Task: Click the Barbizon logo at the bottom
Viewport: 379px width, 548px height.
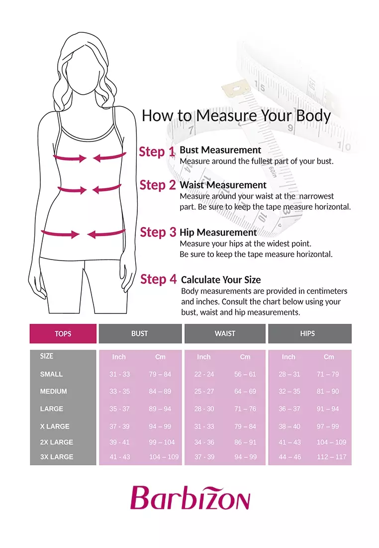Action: tap(190, 498)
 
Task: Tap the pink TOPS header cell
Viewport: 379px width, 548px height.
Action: tap(63, 334)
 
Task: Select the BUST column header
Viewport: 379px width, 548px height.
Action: tap(140, 334)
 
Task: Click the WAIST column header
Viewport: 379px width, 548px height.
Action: tap(225, 334)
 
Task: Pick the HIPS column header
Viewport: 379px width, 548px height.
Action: tap(307, 334)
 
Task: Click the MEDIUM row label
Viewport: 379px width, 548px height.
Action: tap(53, 392)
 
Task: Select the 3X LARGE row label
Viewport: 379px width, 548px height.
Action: tap(57, 457)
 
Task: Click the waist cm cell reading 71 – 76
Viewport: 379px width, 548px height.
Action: tap(245, 409)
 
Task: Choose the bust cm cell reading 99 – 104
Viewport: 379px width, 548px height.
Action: tap(162, 442)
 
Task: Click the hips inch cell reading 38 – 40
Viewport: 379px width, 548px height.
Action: tap(289, 426)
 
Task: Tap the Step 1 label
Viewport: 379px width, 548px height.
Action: tap(157, 151)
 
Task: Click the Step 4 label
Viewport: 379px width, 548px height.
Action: tap(159, 279)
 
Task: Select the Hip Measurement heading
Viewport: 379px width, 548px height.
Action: tap(218, 233)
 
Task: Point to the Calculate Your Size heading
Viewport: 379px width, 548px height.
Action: tap(221, 280)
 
